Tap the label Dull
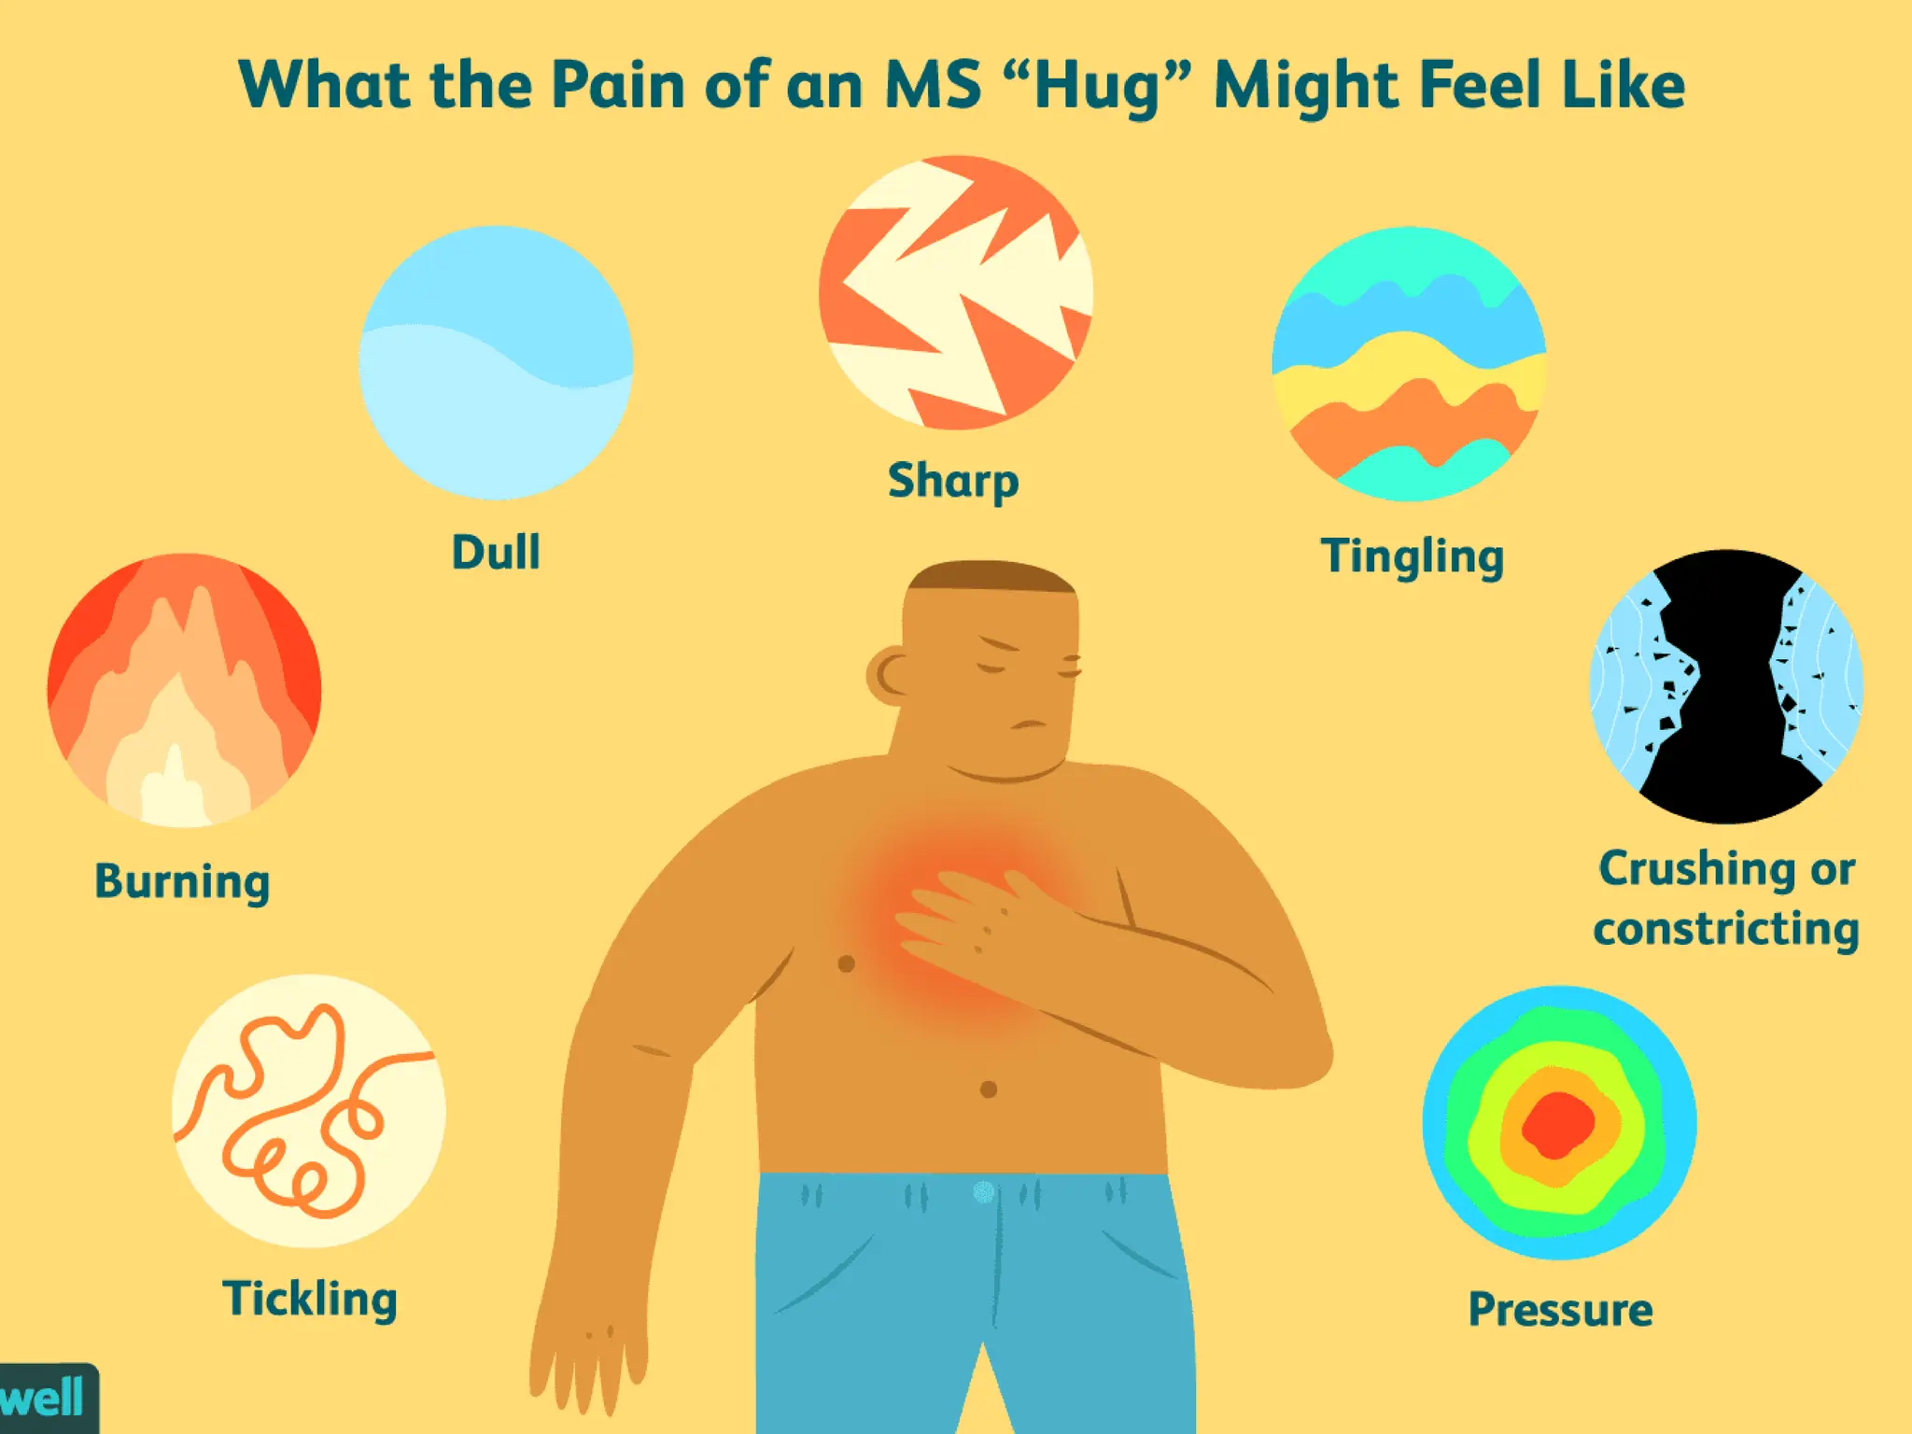point(496,552)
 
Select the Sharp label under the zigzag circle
point(953,481)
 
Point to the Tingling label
point(1412,556)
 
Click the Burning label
point(182,880)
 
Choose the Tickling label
point(310,1299)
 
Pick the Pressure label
point(1560,1309)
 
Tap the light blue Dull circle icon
point(496,362)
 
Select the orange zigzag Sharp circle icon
point(955,292)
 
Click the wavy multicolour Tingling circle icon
point(1409,364)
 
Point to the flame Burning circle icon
point(184,690)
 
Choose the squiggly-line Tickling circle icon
point(308,1111)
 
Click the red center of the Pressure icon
point(1557,1124)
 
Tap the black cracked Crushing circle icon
point(1726,686)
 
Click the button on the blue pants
point(984,1192)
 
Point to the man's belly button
point(989,1089)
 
